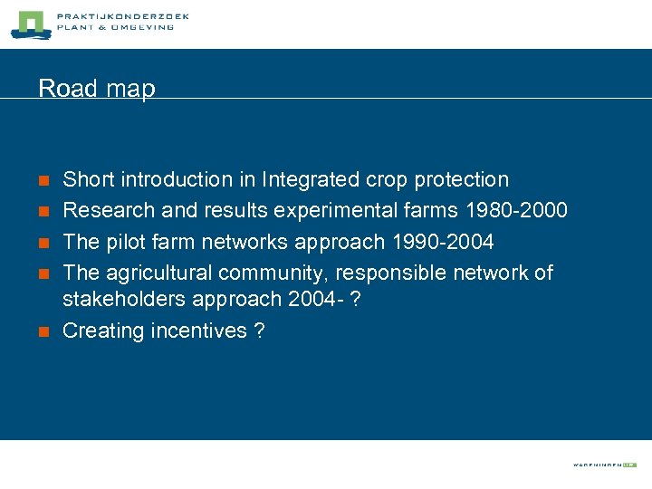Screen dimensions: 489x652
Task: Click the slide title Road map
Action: click(x=97, y=89)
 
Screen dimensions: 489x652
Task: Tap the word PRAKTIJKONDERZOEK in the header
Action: click(x=122, y=16)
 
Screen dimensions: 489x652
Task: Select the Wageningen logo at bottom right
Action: click(x=604, y=465)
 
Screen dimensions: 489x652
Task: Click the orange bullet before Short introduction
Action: click(x=43, y=181)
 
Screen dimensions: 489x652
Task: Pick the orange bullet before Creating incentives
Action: click(x=43, y=332)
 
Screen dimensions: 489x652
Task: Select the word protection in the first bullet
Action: click(x=461, y=180)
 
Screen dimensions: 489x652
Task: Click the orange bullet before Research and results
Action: click(x=43, y=212)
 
